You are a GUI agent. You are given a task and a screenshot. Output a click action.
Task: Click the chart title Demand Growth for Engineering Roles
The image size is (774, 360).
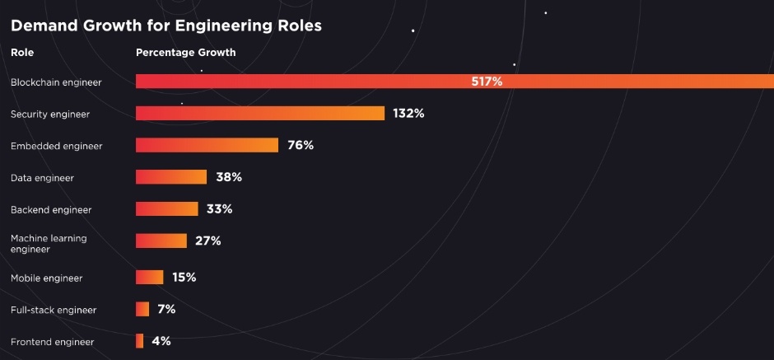coord(166,26)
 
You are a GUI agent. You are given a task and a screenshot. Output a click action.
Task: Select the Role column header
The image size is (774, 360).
coord(22,53)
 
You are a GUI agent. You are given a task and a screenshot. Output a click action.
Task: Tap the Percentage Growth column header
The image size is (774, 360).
coord(185,53)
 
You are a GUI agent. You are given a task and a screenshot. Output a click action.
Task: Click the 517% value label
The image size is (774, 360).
coord(487,82)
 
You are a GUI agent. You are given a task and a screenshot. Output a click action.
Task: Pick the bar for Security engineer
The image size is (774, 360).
coord(259,114)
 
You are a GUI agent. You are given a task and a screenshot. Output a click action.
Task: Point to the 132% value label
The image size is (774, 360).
coord(408,114)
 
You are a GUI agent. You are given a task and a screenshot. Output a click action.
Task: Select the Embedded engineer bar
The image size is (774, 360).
coord(207,146)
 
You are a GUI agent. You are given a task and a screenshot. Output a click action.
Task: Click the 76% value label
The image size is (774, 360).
coord(301,146)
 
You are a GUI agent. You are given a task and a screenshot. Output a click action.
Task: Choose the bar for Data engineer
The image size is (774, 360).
coord(170,177)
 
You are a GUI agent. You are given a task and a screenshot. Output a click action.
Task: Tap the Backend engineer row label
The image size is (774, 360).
coord(51,210)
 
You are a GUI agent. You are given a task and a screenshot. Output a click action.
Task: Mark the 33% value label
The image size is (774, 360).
coord(219,209)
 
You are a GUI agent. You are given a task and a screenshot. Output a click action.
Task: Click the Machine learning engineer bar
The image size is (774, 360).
coord(161,241)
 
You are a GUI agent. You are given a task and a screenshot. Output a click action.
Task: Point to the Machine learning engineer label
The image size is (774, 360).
coord(49,243)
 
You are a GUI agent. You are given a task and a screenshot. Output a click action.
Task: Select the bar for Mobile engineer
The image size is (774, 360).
coord(149,278)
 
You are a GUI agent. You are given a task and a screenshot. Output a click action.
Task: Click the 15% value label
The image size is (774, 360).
coord(184,278)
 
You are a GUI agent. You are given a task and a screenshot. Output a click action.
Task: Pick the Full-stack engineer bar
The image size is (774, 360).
coord(142,309)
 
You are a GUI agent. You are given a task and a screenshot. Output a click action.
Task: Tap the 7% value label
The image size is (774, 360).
coord(166,309)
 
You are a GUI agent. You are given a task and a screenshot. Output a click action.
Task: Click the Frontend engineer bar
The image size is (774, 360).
coord(140,341)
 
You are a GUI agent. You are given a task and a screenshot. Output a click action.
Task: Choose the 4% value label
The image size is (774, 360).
coord(161,341)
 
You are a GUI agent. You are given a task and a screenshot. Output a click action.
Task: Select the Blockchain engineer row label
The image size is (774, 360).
coord(55,82)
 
